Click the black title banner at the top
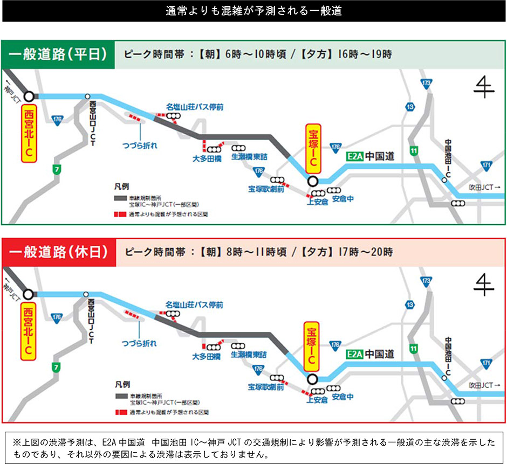click(253, 11)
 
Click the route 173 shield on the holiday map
click(426, 281)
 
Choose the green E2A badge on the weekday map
click(354, 157)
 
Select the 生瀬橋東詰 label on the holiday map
click(249, 355)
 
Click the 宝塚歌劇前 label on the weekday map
click(266, 189)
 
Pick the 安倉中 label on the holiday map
click(343, 397)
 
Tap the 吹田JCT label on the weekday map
click(484, 187)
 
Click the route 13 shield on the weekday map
click(411, 107)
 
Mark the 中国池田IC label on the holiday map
click(448, 355)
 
